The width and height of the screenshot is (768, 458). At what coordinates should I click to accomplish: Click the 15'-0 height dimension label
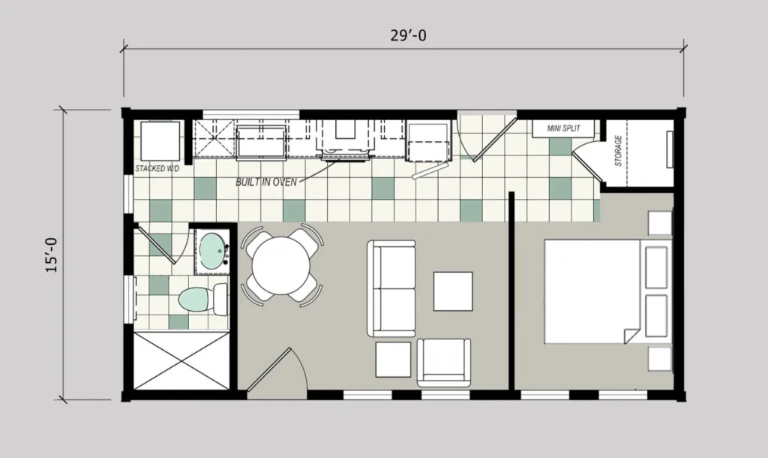[x=52, y=253]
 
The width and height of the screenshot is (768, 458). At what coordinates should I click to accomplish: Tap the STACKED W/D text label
[x=157, y=169]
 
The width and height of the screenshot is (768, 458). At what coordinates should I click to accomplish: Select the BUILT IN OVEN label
[x=266, y=182]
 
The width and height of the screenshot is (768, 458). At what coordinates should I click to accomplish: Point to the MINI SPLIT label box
[x=562, y=129]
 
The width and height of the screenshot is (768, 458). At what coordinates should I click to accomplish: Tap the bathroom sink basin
[x=213, y=249]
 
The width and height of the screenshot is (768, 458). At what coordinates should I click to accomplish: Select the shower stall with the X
[x=181, y=360]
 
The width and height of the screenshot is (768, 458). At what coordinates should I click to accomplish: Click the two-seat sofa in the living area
[x=391, y=288]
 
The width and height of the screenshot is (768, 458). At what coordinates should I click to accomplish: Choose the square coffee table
[x=453, y=291]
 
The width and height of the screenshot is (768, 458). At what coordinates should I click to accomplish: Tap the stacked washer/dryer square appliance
[x=156, y=140]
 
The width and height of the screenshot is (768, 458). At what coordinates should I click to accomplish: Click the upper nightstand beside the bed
[x=660, y=223]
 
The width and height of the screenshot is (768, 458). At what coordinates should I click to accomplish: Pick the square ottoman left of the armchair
[x=393, y=360]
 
